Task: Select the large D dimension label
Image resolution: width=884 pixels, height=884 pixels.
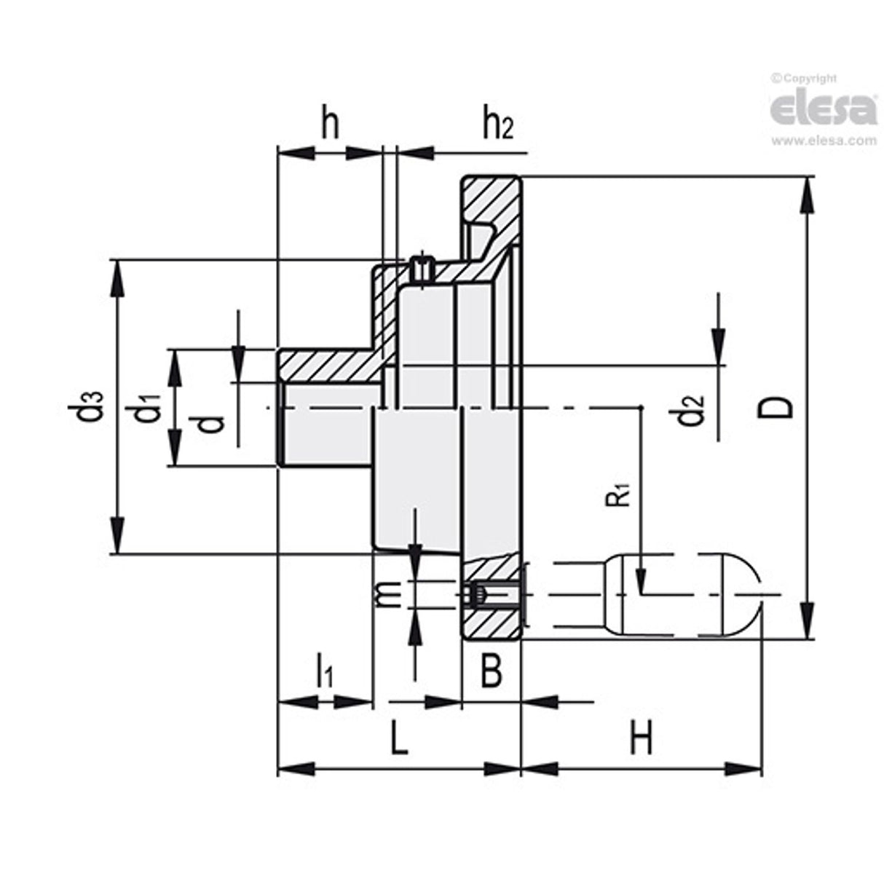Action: [780, 408]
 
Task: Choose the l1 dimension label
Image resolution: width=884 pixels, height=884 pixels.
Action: [324, 671]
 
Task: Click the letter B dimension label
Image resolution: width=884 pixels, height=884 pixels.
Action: [492, 671]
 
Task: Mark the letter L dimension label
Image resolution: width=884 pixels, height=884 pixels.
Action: [397, 739]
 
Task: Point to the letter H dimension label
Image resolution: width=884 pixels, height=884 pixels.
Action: [641, 739]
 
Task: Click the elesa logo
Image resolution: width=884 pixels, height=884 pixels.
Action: [824, 110]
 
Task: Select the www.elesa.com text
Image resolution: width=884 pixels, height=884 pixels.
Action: [824, 141]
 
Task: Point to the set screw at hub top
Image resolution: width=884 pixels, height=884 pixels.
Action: [421, 269]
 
